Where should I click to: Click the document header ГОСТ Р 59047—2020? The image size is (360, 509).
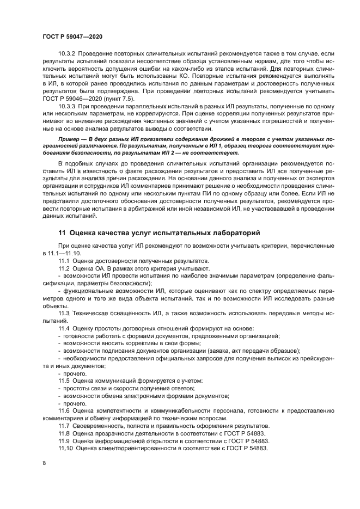pyautogui.click(x=72, y=36)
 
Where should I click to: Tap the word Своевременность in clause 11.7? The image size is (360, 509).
pyautogui.click(x=102, y=425)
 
